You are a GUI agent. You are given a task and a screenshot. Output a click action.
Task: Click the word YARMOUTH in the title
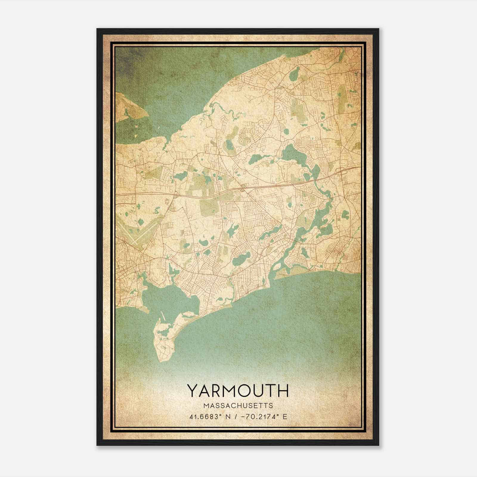click(x=238, y=391)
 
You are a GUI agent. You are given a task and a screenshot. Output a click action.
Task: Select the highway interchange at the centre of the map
click(x=243, y=188)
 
